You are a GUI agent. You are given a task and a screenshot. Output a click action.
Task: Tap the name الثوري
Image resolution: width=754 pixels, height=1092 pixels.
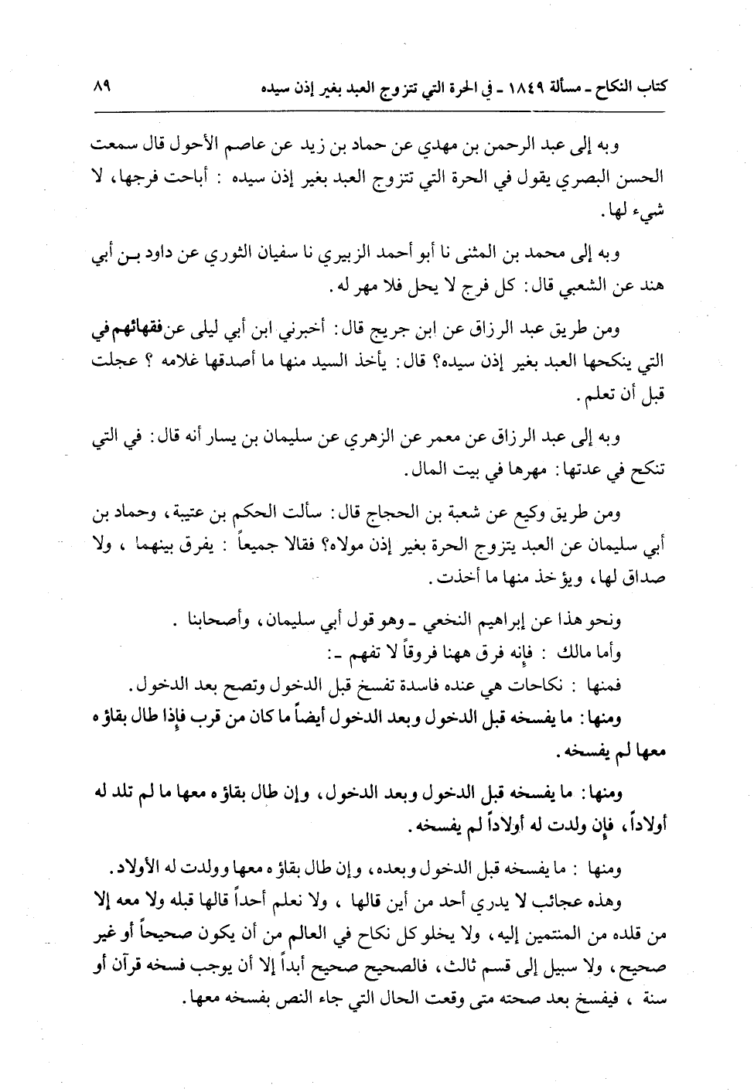(235, 256)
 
